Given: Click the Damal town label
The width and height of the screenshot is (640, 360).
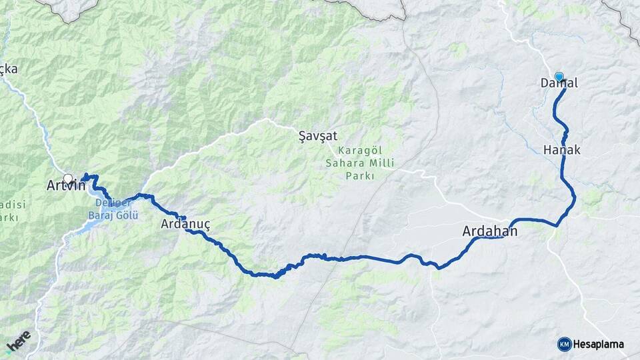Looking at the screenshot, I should click(x=559, y=84).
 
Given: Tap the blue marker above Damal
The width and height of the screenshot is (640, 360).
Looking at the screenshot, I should click(x=559, y=77).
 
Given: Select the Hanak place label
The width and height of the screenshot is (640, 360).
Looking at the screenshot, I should click(x=562, y=150).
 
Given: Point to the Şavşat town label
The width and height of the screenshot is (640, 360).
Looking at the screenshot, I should click(x=317, y=136).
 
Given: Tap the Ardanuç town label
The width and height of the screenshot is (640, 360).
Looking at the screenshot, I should click(x=185, y=225).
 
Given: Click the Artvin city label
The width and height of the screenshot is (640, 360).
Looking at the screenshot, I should click(x=66, y=185).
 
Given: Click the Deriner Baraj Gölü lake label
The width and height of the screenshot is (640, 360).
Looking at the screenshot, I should click(x=113, y=209).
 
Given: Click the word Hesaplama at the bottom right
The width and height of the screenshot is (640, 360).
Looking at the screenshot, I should click(x=599, y=345).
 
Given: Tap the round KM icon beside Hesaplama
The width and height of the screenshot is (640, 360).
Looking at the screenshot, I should click(x=565, y=344).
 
